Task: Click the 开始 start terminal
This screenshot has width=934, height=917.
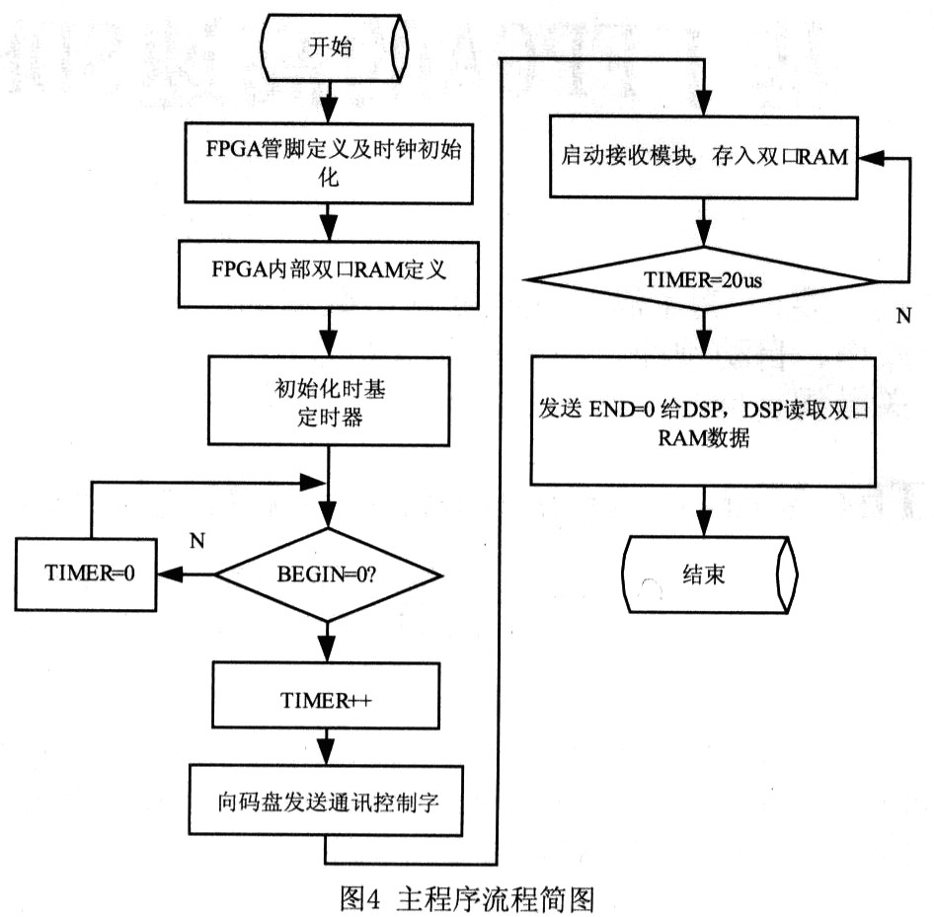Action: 336,47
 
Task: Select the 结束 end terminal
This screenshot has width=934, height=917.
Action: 709,574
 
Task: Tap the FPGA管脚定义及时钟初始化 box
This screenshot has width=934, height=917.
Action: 329,163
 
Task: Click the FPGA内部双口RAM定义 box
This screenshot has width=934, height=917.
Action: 328,274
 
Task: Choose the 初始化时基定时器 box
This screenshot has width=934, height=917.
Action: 329,401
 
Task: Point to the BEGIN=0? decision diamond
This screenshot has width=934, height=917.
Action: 328,575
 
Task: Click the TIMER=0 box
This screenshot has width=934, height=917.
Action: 86,574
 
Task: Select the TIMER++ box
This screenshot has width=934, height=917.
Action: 326,696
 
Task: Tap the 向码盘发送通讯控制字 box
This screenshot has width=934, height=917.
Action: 326,801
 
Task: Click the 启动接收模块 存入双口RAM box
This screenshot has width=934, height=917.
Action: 704,157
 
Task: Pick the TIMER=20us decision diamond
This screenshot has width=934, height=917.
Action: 704,278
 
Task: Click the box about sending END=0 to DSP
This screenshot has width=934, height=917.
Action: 704,420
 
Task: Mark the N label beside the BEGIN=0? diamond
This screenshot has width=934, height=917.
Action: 197,541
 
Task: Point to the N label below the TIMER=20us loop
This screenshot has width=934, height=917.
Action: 903,316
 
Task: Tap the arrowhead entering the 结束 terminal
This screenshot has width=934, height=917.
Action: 704,524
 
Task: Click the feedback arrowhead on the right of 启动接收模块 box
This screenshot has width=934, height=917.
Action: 870,158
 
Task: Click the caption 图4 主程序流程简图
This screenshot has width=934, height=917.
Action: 467,898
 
